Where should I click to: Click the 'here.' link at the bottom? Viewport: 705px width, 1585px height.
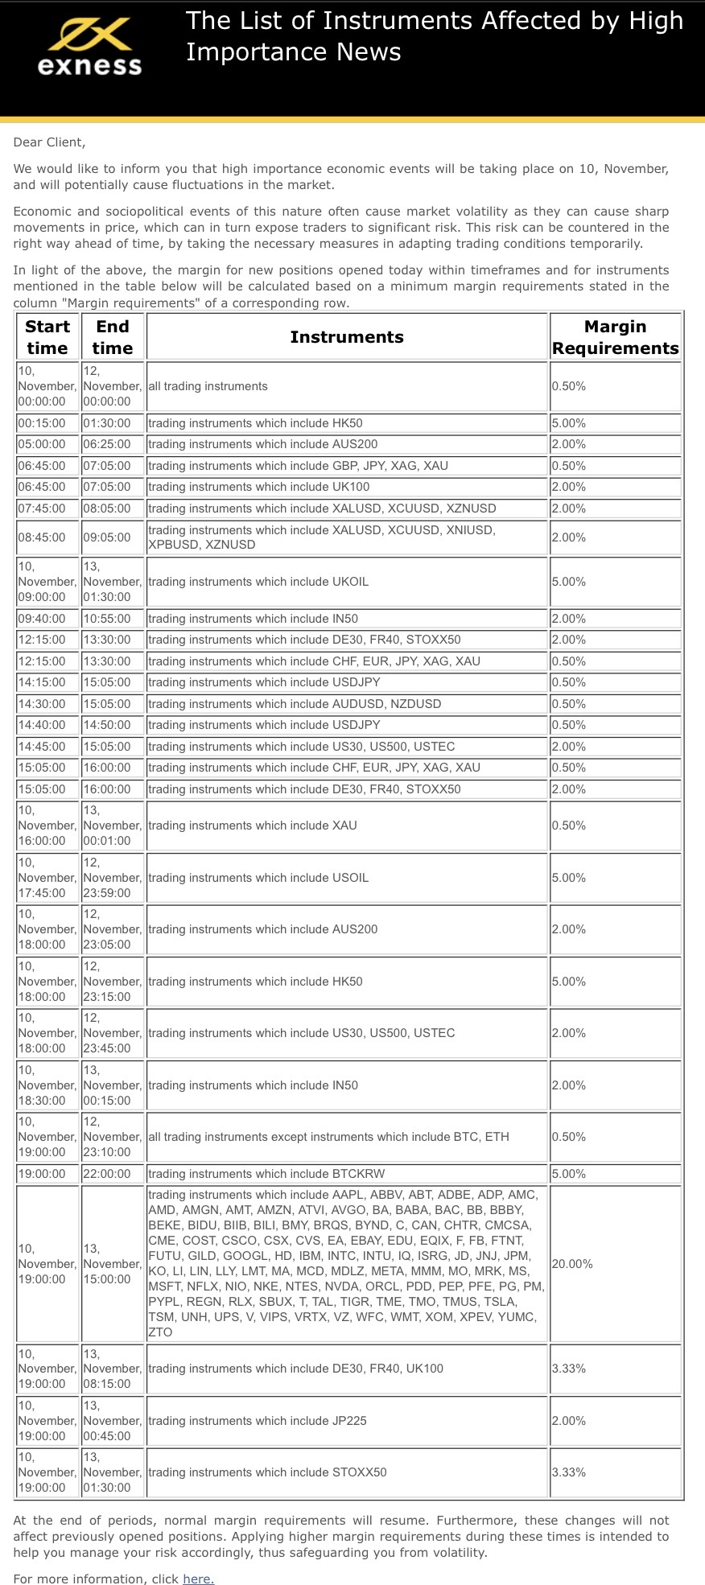coord(198,1578)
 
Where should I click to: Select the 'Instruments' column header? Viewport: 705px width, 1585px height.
coord(347,337)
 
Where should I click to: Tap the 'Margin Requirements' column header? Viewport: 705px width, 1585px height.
coord(615,337)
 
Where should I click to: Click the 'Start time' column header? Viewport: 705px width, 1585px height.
coord(47,337)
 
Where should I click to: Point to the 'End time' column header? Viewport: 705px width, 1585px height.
coord(113,337)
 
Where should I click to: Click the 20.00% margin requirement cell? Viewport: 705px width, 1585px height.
coord(572,1263)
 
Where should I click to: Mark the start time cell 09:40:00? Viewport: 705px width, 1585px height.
coord(42,619)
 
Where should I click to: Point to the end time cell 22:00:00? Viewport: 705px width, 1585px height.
coord(106,1174)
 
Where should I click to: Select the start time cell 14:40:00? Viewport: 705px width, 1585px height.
coord(42,725)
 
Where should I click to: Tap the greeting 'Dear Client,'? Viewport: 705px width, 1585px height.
coord(49,142)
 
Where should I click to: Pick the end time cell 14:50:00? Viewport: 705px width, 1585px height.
coord(106,725)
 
